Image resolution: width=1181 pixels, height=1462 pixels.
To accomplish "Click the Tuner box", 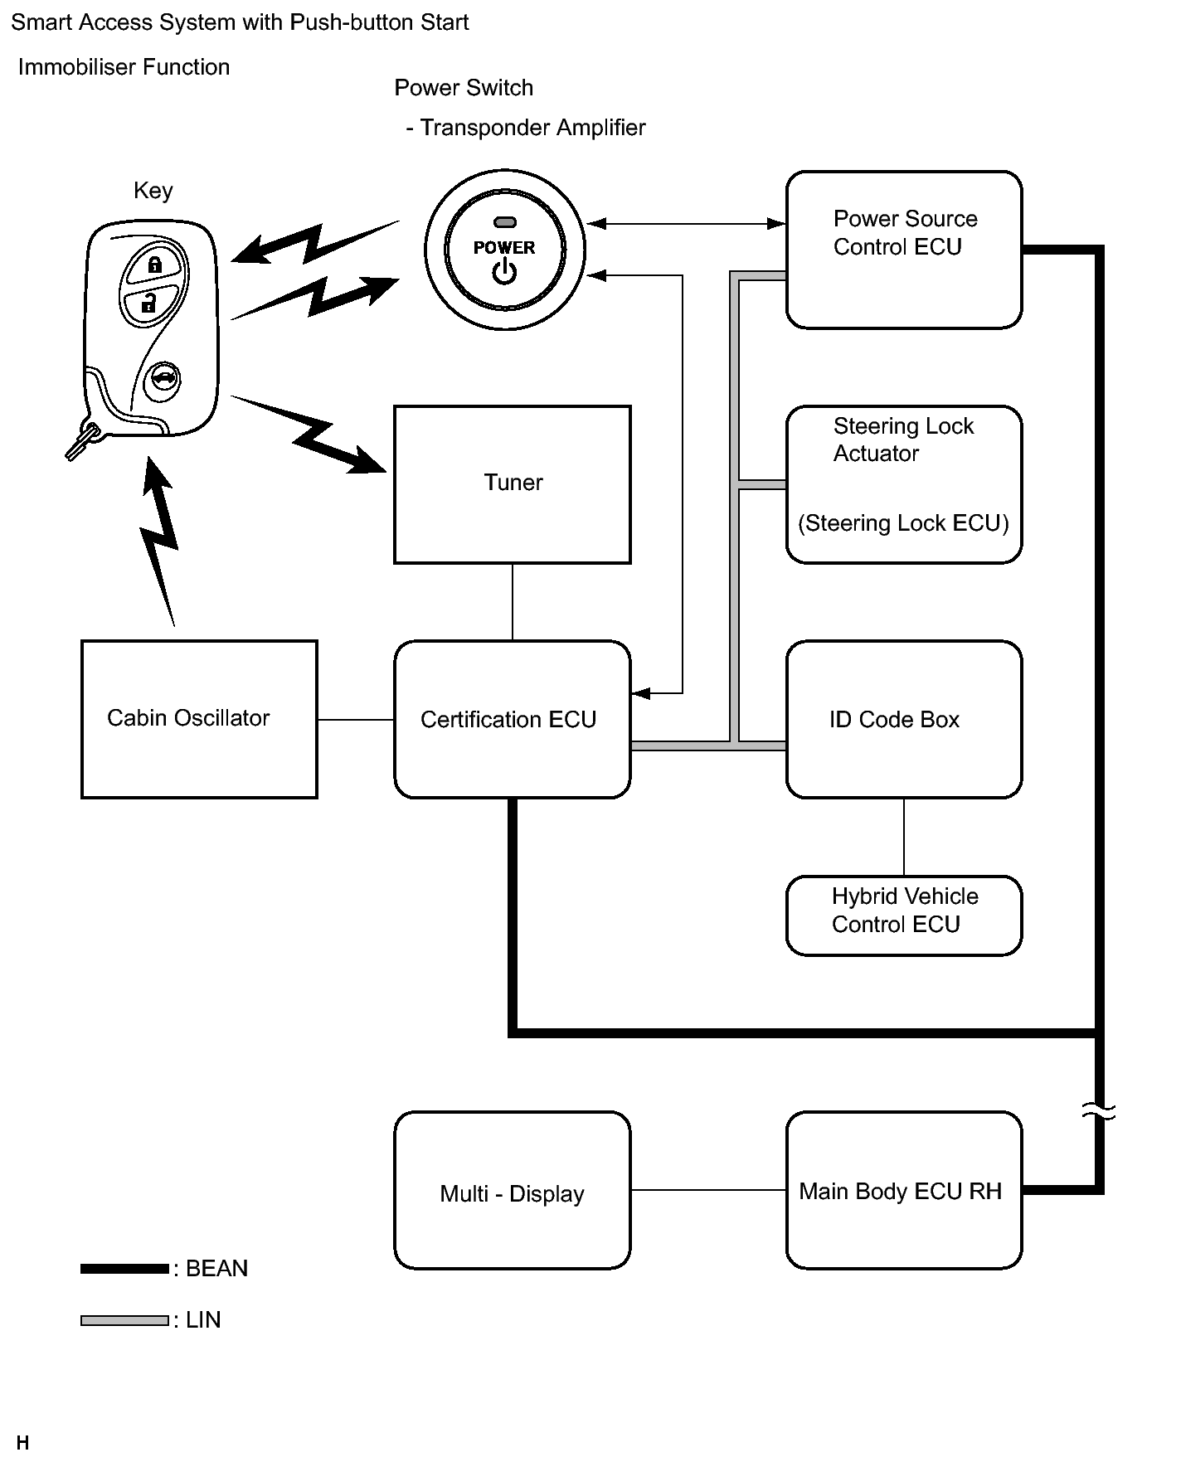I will (x=512, y=484).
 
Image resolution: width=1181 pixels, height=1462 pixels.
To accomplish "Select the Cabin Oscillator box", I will (x=199, y=719).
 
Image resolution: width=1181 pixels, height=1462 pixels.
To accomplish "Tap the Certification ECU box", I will (x=512, y=719).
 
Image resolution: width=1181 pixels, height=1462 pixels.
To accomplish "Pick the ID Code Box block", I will (x=903, y=719).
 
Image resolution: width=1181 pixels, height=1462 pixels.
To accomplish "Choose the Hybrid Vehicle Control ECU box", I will (x=903, y=915).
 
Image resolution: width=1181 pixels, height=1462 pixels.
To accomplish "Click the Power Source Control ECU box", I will (x=903, y=250).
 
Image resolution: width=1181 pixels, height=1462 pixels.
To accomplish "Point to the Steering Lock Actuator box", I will (x=903, y=484).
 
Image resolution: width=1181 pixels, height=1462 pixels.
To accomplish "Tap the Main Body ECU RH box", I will (x=903, y=1190).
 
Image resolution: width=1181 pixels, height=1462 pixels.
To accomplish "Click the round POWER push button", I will (x=504, y=250).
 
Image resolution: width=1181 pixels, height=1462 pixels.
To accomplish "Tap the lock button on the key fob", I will (x=155, y=265).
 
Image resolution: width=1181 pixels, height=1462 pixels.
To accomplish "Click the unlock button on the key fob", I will (x=149, y=303).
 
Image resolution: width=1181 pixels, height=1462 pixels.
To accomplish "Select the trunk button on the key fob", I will (x=162, y=381).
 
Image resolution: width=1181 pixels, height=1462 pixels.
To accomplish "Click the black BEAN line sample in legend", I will (x=124, y=1269).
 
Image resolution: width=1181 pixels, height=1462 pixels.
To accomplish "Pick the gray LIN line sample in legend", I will (x=124, y=1320).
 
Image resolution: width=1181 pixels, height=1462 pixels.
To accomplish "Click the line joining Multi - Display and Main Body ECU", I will (x=708, y=1190).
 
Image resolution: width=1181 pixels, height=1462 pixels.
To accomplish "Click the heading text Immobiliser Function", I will (x=124, y=67).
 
